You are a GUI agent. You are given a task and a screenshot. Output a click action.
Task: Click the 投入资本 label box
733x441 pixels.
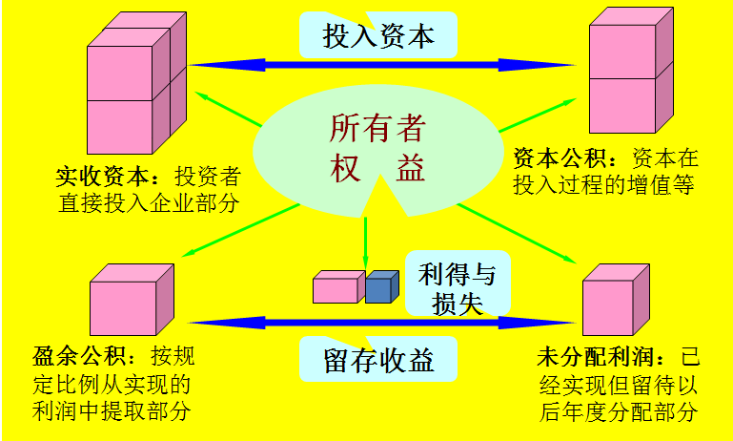click(x=378, y=36)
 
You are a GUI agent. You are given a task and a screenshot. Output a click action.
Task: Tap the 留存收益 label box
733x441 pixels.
click(x=378, y=360)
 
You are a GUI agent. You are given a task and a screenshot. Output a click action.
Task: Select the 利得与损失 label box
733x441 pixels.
click(x=457, y=288)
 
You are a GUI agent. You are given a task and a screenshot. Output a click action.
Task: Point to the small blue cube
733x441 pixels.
click(x=381, y=286)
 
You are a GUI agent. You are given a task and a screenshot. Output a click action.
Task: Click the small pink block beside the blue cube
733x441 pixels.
click(x=338, y=287)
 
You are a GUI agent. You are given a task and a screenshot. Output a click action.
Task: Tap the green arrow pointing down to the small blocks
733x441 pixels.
click(x=365, y=243)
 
